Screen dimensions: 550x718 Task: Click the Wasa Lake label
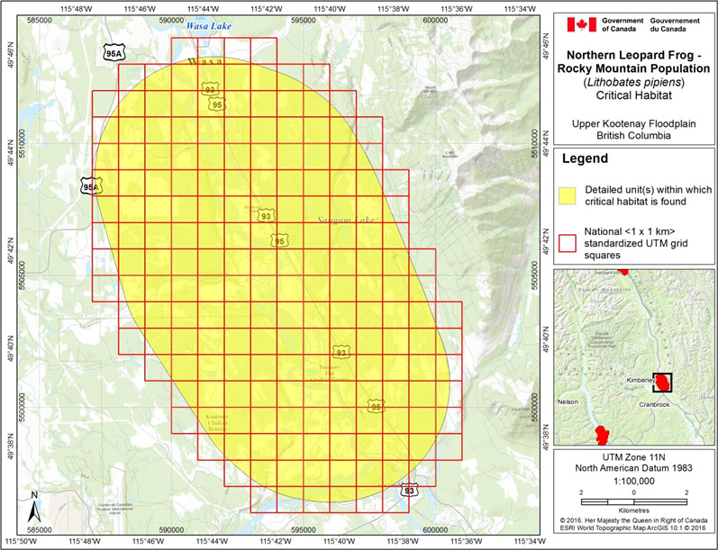click(209, 27)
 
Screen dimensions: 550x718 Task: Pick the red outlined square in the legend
click(568, 241)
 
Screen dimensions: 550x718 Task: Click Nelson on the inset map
click(568, 401)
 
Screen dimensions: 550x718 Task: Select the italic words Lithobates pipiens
click(632, 85)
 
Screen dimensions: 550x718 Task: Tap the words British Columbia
click(633, 135)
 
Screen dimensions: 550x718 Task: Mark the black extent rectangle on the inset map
click(663, 382)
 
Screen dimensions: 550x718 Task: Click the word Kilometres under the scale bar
click(633, 509)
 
